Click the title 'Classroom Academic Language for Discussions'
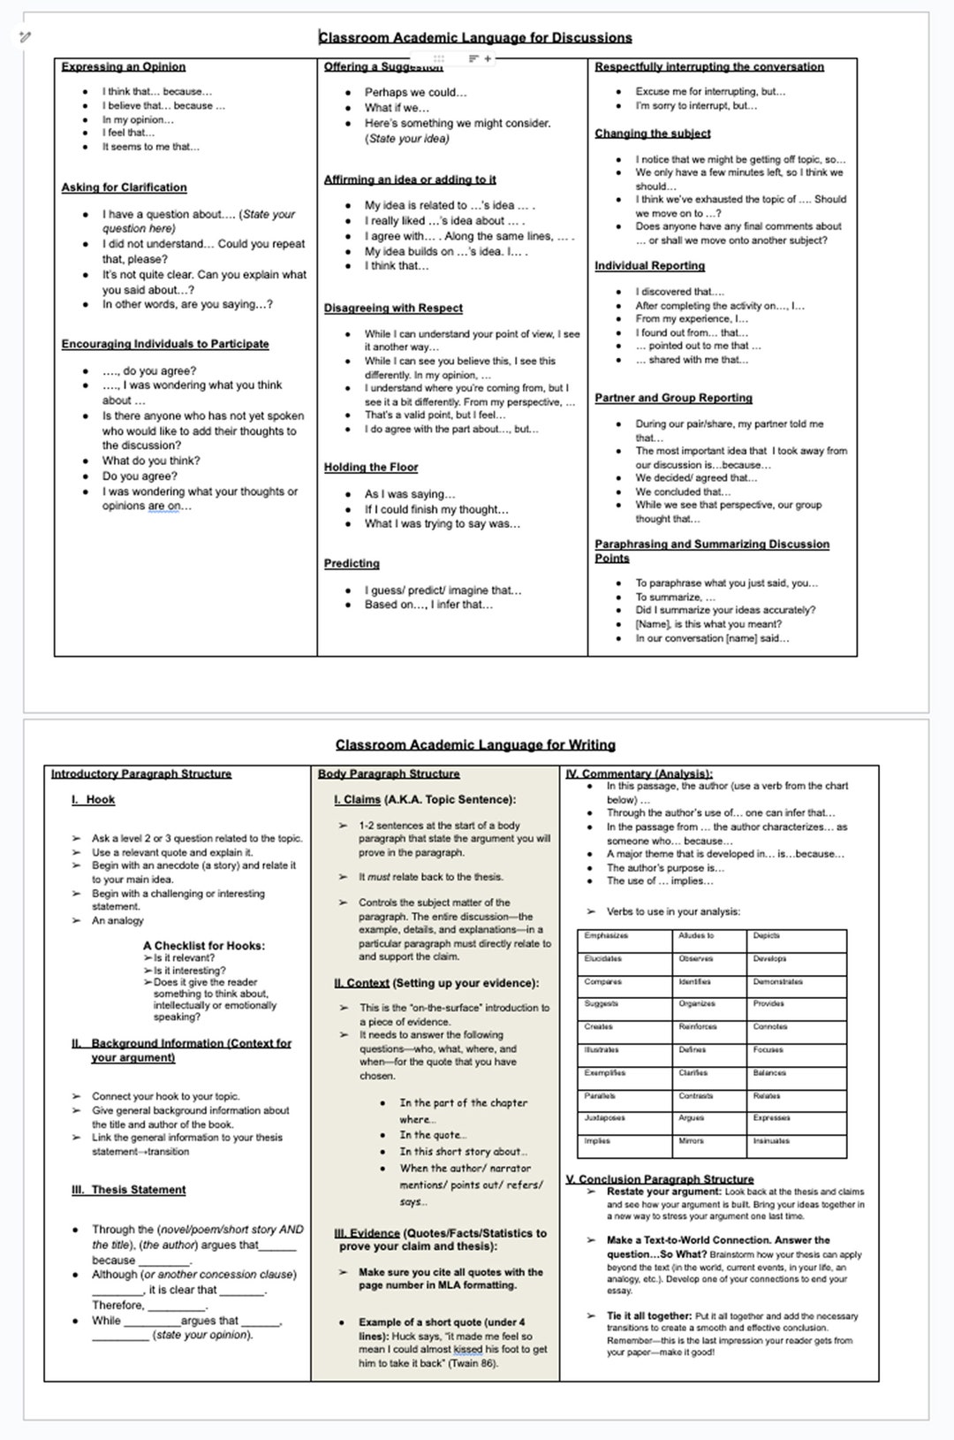[475, 37]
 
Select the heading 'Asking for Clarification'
[124, 187]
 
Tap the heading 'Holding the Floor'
[371, 467]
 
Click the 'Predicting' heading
[352, 563]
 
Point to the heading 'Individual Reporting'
[649, 265]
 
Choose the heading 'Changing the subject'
[652, 133]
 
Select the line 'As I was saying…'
[410, 494]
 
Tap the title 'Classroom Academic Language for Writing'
[475, 744]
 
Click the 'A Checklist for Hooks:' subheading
[204, 945]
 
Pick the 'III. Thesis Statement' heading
[129, 1190]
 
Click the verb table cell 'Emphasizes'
[606, 935]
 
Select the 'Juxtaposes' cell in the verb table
[604, 1118]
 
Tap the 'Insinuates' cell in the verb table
[771, 1141]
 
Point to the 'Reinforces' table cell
[698, 1027]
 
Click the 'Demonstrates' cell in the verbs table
[777, 981]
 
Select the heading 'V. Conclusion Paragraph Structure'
[660, 1179]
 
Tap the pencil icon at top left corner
[25, 36]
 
